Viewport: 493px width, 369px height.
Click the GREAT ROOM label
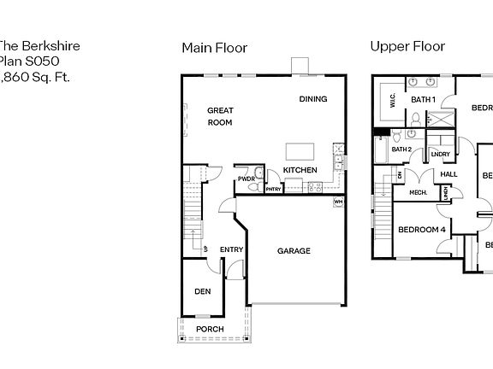pyautogui.click(x=220, y=116)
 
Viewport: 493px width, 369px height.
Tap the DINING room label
pyautogui.click(x=312, y=99)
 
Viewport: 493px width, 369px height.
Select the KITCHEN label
pyautogui.click(x=300, y=170)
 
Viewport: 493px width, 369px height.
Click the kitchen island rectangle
pyautogui.click(x=300, y=151)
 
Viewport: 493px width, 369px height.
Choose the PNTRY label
pyautogui.click(x=273, y=189)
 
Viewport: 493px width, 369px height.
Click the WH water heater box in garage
pyautogui.click(x=338, y=202)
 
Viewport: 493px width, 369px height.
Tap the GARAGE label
pyautogui.click(x=294, y=251)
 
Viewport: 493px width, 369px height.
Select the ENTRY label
pyautogui.click(x=231, y=249)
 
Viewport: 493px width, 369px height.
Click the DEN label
pyautogui.click(x=202, y=291)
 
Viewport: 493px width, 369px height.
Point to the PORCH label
pyautogui.click(x=210, y=329)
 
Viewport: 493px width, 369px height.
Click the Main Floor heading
pyautogui.click(x=214, y=48)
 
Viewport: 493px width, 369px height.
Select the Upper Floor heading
pyautogui.click(x=407, y=46)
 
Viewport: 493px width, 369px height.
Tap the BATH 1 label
pyautogui.click(x=423, y=100)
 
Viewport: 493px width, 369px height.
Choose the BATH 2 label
pyautogui.click(x=402, y=149)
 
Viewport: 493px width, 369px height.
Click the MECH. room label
pyautogui.click(x=418, y=192)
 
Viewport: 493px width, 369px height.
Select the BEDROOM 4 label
pyautogui.click(x=422, y=229)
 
